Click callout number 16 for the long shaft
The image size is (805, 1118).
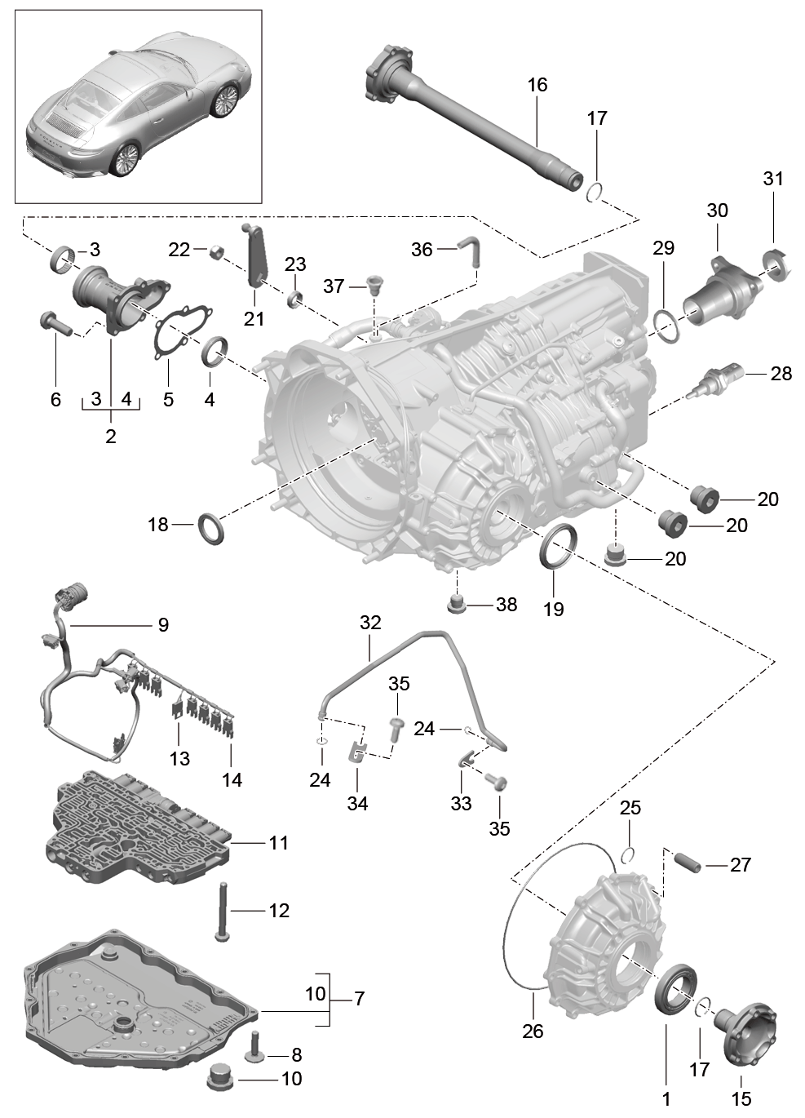pos(537,85)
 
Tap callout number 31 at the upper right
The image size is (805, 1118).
pos(773,178)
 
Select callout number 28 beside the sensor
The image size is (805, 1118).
pos(781,373)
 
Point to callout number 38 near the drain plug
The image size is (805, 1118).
pos(506,605)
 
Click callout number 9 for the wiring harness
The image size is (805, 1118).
pos(163,624)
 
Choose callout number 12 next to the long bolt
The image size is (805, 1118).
pos(279,911)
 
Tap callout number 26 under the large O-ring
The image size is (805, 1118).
pos(533,1031)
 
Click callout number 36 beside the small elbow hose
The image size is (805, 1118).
pos(422,249)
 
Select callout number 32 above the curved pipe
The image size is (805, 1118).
pos(370,623)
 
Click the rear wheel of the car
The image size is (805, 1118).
pos(125,159)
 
